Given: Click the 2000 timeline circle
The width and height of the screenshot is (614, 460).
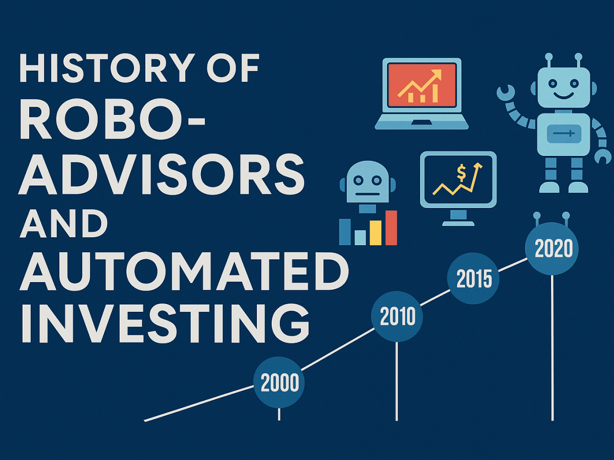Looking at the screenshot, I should coord(279,382).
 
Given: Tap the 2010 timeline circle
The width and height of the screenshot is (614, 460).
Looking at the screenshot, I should coord(398,317).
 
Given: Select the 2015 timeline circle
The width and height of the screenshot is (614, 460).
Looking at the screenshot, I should coord(473,279).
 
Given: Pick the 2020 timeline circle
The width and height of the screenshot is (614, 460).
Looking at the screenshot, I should coord(552,249).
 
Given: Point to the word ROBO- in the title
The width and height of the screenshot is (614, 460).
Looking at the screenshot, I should coord(113,123).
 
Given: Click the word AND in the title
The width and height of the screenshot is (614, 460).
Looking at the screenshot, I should coord(64,225).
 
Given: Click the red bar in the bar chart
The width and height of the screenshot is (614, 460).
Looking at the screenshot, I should coord(391,227).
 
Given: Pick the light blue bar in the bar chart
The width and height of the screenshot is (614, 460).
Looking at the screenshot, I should coord(360,237).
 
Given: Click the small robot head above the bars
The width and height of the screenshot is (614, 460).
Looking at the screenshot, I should coord(367,183).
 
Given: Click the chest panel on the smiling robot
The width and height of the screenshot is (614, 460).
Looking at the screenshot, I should coord(561,134).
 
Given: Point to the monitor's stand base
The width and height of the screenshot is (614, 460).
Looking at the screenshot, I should coord(458,223).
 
